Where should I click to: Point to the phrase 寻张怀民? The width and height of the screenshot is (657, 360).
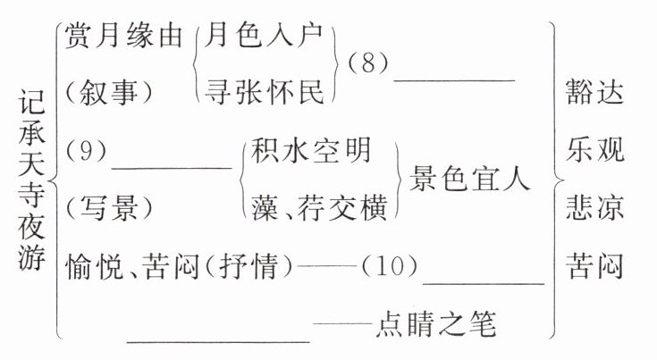[x=266, y=88]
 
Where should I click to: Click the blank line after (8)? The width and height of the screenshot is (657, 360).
[x=454, y=79]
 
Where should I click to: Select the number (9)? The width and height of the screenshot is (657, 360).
[x=87, y=152]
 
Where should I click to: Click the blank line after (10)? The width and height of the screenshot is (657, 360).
[x=483, y=281]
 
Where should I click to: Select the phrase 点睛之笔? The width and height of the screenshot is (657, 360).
[x=437, y=322]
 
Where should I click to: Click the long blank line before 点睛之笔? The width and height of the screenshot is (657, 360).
[x=219, y=338]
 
